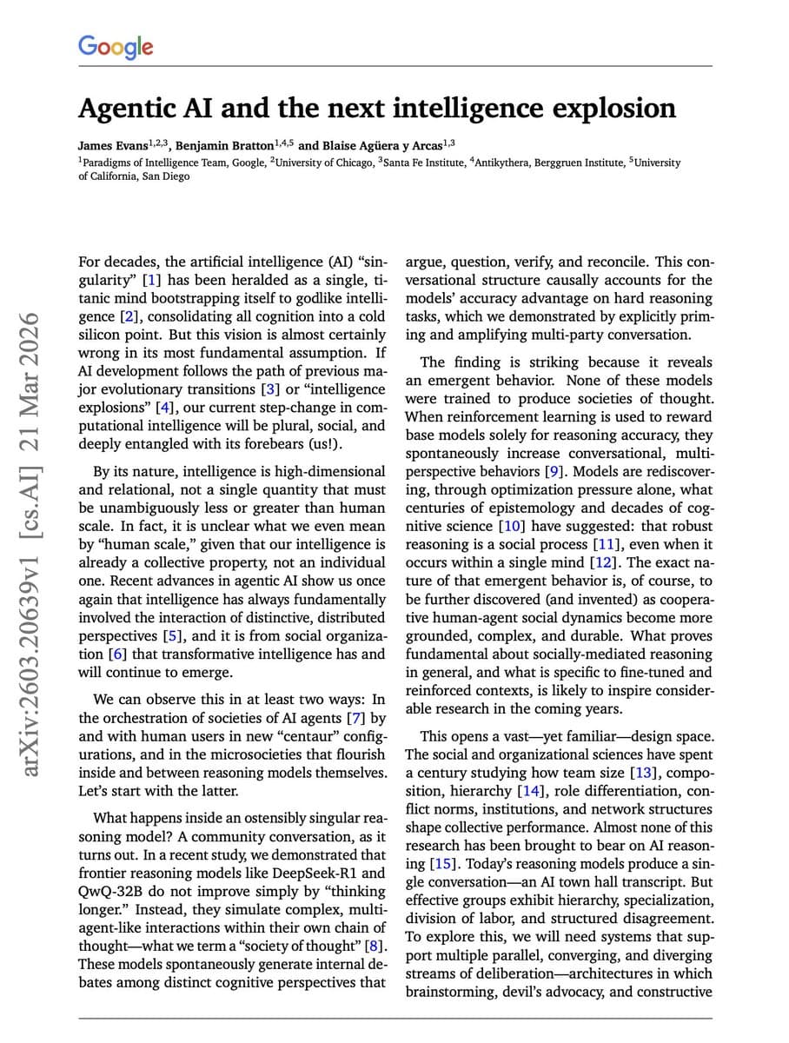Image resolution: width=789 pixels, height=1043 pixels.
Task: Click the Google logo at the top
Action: click(x=116, y=46)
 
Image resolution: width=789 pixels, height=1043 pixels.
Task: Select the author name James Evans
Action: click(x=109, y=146)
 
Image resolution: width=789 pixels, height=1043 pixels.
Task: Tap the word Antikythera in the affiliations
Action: click(x=527, y=163)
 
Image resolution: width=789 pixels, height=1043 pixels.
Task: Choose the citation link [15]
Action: click(x=441, y=864)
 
